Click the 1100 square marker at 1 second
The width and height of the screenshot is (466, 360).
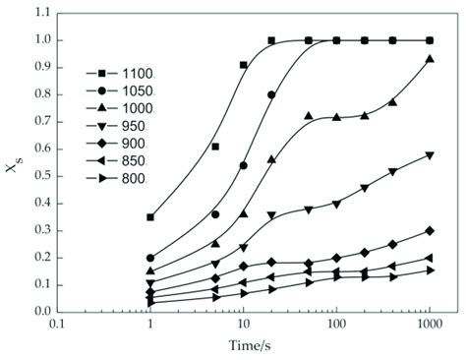click(x=150, y=216)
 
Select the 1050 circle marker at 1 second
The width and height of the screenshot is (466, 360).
click(x=150, y=258)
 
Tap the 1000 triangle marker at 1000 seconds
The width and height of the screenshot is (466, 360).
click(x=430, y=59)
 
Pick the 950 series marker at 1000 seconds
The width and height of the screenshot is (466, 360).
click(x=430, y=154)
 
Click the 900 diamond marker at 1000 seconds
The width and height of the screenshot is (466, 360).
click(x=430, y=230)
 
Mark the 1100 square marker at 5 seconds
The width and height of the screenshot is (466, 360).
click(x=215, y=147)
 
